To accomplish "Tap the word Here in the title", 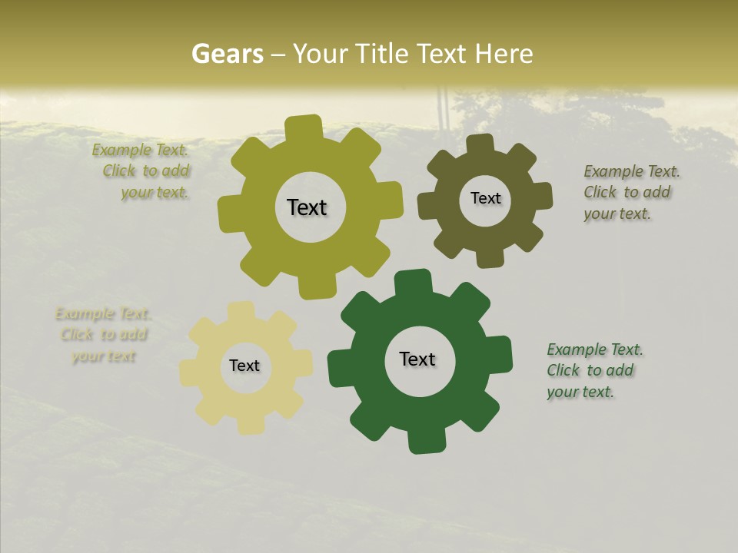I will point(504,54).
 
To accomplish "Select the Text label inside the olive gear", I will point(307,207).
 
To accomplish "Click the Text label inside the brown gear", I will point(485,198).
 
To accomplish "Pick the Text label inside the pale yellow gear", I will point(244,366).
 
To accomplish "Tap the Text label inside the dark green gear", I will point(417,359).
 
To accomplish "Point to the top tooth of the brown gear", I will point(480,144).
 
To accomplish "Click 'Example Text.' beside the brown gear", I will point(632,171).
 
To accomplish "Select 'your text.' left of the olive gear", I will point(155,193).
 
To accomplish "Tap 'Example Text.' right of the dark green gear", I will point(595,349).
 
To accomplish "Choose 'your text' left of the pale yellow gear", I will point(103,356).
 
